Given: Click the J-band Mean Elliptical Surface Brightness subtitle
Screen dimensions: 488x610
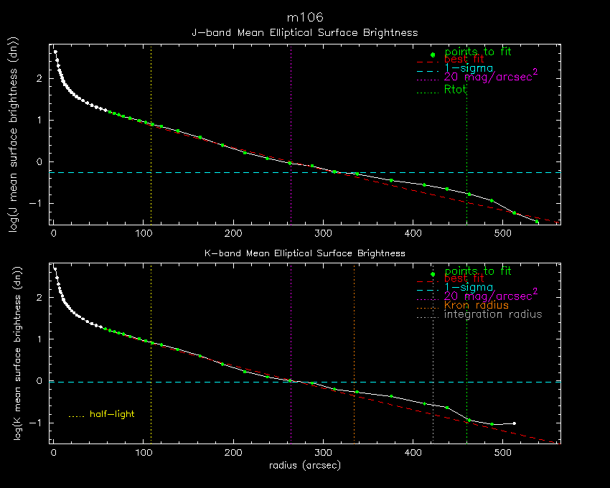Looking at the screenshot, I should click(x=304, y=33).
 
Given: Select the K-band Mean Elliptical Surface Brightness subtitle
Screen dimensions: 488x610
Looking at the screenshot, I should click(x=304, y=253).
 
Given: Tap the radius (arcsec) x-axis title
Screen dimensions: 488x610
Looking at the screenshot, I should click(x=304, y=465).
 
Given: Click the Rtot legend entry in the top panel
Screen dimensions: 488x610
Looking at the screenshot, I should click(x=456, y=89).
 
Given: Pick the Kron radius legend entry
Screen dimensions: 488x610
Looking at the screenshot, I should click(x=477, y=305).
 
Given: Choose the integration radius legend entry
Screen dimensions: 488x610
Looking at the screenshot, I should click(x=493, y=314).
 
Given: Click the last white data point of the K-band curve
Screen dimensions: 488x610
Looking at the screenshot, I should click(x=515, y=423).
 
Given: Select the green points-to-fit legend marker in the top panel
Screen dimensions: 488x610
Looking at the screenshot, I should click(x=432, y=55).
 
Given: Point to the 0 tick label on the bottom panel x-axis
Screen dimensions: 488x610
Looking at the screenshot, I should click(x=54, y=453).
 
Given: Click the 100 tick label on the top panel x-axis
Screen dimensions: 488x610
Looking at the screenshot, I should click(x=144, y=233).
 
